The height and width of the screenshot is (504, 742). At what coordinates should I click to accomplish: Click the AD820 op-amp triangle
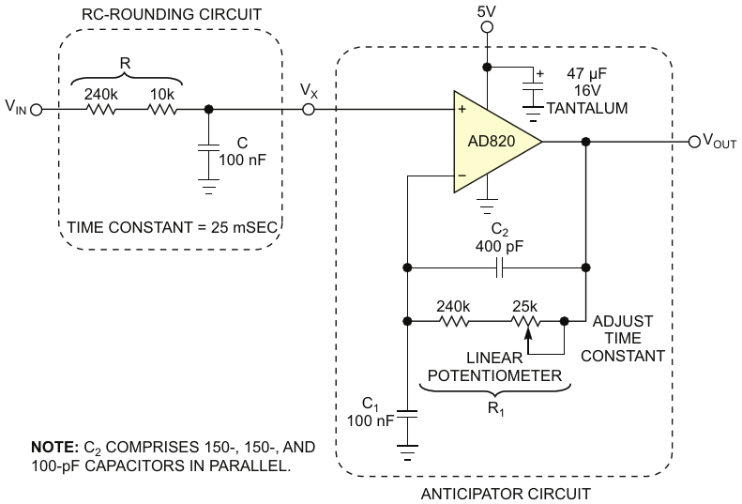(x=492, y=142)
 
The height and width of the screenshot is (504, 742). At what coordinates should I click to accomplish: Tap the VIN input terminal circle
(x=38, y=109)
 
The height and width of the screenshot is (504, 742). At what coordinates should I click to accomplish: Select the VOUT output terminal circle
(x=695, y=142)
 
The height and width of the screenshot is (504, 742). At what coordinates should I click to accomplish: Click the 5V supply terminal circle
(x=486, y=28)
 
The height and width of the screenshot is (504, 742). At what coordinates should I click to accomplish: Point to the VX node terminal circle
(x=309, y=109)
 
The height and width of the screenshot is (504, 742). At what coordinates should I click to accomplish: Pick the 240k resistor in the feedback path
(x=453, y=320)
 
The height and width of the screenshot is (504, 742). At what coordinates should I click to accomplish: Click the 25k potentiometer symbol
(x=526, y=321)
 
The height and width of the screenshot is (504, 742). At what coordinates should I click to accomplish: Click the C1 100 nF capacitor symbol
(x=408, y=414)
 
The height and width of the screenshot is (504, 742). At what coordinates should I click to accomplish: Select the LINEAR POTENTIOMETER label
(x=495, y=367)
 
